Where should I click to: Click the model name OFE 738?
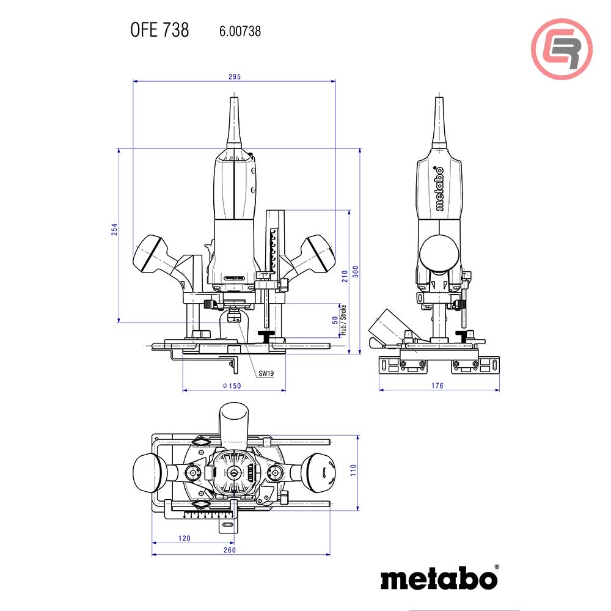pos(159,30)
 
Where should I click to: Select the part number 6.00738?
pos(240,31)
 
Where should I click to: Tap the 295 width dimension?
pos(235,77)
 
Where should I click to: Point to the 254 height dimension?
pos(114,229)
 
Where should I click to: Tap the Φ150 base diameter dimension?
pos(232,386)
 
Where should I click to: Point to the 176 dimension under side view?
pos(437,386)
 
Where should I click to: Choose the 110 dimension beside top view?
pos(353,470)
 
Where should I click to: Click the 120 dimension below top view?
pos(185,538)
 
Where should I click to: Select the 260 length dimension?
pos(230,550)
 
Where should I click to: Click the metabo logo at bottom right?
pos(439,577)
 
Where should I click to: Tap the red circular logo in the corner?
pos(562,49)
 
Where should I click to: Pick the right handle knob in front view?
pos(317,252)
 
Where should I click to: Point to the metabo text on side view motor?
pos(438,189)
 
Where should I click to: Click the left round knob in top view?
pos(148,472)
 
